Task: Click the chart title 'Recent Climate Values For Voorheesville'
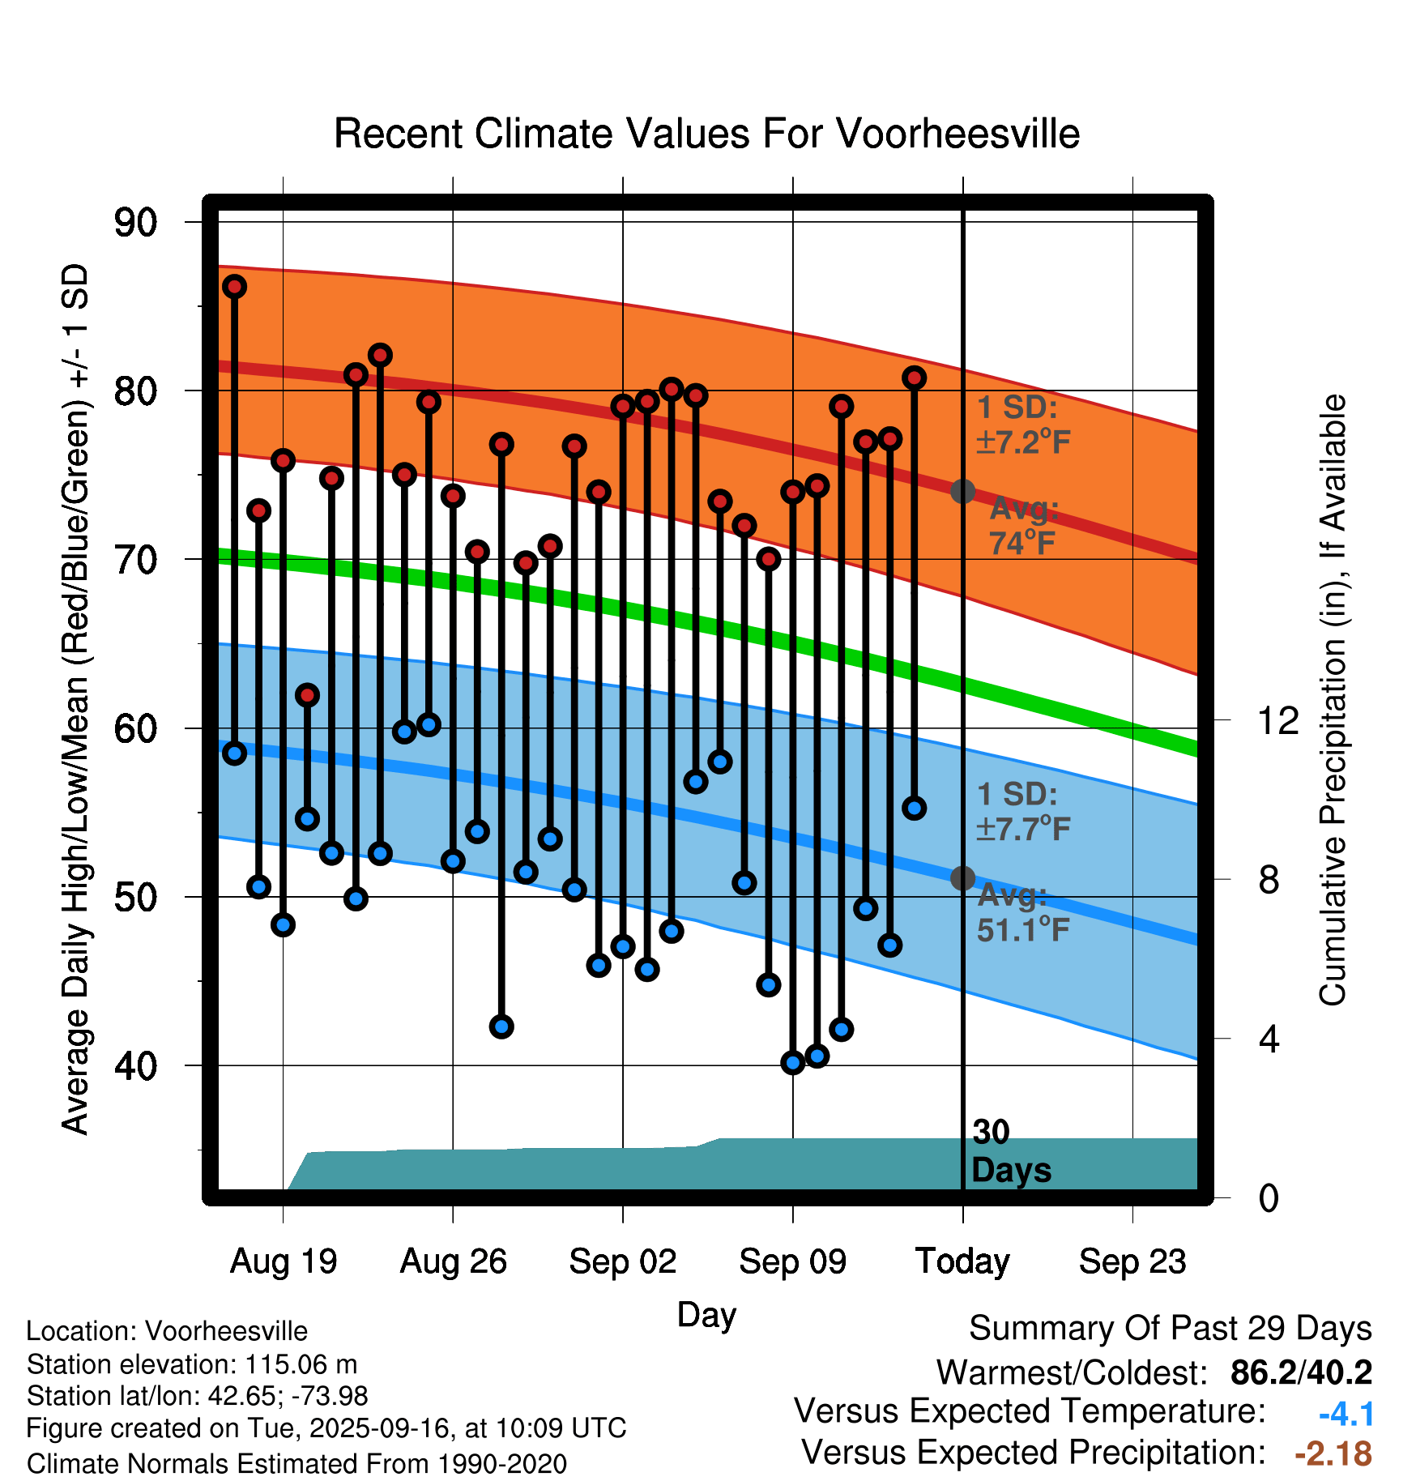pyautogui.click(x=706, y=134)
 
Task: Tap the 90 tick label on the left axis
pyautogui.click(x=136, y=223)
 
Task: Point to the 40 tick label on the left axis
pyautogui.click(x=136, y=1065)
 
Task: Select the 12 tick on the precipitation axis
pyautogui.click(x=1278, y=720)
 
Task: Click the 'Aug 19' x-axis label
pyautogui.click(x=284, y=1261)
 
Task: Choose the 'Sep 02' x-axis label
pyautogui.click(x=622, y=1261)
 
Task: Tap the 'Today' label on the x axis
pyautogui.click(x=962, y=1261)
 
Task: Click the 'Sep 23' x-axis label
pyautogui.click(x=1132, y=1261)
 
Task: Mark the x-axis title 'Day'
pyautogui.click(x=706, y=1314)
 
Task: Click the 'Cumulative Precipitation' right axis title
pyautogui.click(x=1333, y=701)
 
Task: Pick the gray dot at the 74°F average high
pyautogui.click(x=962, y=491)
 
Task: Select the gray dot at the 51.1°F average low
pyautogui.click(x=962, y=878)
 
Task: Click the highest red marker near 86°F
pyautogui.click(x=235, y=286)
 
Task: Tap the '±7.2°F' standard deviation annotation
pyautogui.click(x=1023, y=442)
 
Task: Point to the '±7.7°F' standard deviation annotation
pyautogui.click(x=1023, y=829)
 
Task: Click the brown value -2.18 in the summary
pyautogui.click(x=1333, y=1453)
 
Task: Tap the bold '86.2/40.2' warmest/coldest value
pyautogui.click(x=1301, y=1372)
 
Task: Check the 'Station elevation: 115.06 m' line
pyautogui.click(x=192, y=1364)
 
